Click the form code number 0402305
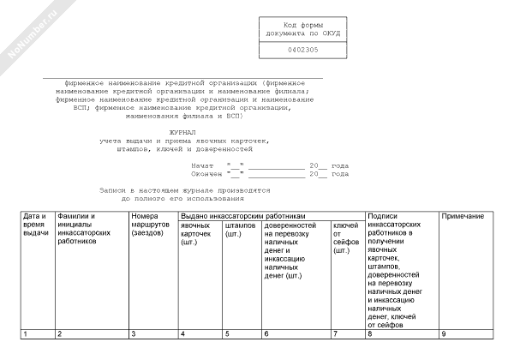(301, 50)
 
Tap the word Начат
(204, 164)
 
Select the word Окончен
(207, 173)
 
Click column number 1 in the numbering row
(26, 333)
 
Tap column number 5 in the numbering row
(227, 333)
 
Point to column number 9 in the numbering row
(443, 333)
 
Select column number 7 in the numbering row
(335, 333)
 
